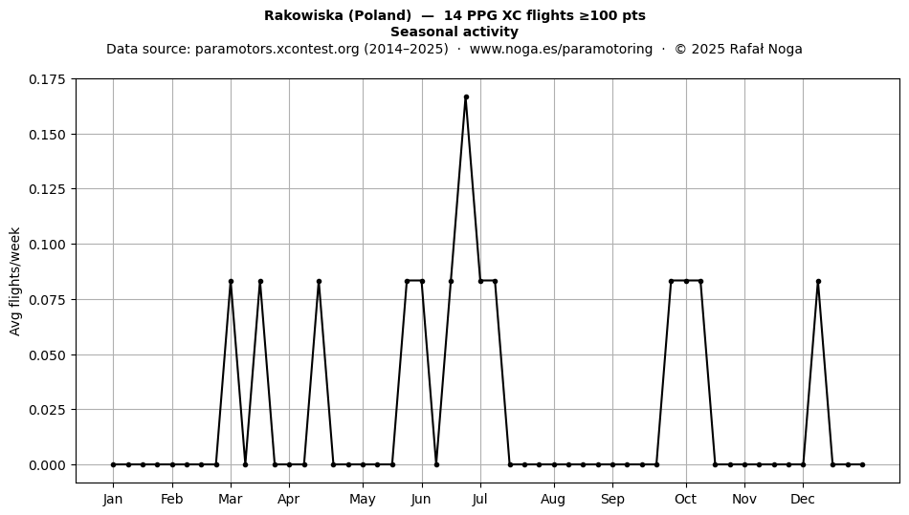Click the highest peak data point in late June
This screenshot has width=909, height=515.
466,97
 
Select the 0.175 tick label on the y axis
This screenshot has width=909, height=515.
48,79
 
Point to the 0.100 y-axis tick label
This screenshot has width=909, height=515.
48,245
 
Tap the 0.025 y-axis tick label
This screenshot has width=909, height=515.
48,410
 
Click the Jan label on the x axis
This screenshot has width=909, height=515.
113,500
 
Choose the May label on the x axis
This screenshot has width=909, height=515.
363,500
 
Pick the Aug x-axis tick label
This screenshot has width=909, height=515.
554,500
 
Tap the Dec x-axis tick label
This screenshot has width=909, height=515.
803,500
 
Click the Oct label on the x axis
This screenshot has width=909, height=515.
686,500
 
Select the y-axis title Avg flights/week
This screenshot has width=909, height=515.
15,281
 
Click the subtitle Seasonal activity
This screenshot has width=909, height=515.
454,32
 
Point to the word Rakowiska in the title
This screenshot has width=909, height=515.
303,15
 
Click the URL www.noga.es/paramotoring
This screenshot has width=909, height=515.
561,49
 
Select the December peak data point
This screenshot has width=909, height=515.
818,282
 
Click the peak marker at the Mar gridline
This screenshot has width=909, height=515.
231,282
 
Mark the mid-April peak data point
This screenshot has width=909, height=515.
319,282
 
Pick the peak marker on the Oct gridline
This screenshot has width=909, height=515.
686,282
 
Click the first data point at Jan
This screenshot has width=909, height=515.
113,464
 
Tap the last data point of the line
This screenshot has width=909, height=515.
863,464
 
